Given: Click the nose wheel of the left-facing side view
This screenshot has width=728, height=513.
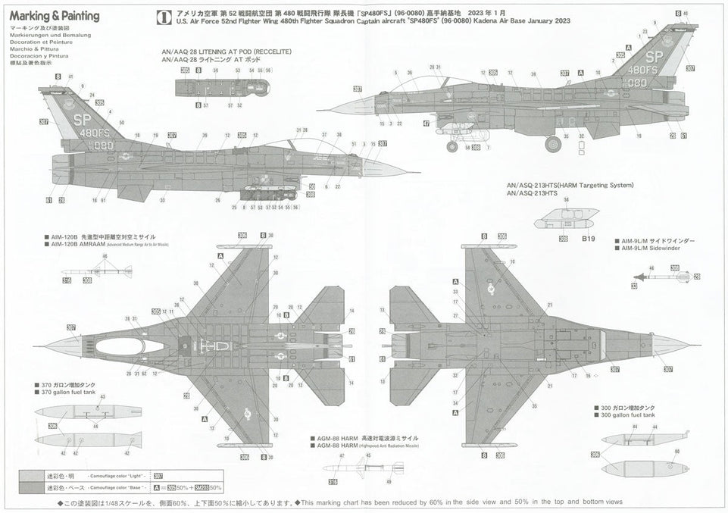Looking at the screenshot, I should point(451,146).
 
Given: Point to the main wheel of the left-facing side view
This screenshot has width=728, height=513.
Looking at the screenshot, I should point(553,143).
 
